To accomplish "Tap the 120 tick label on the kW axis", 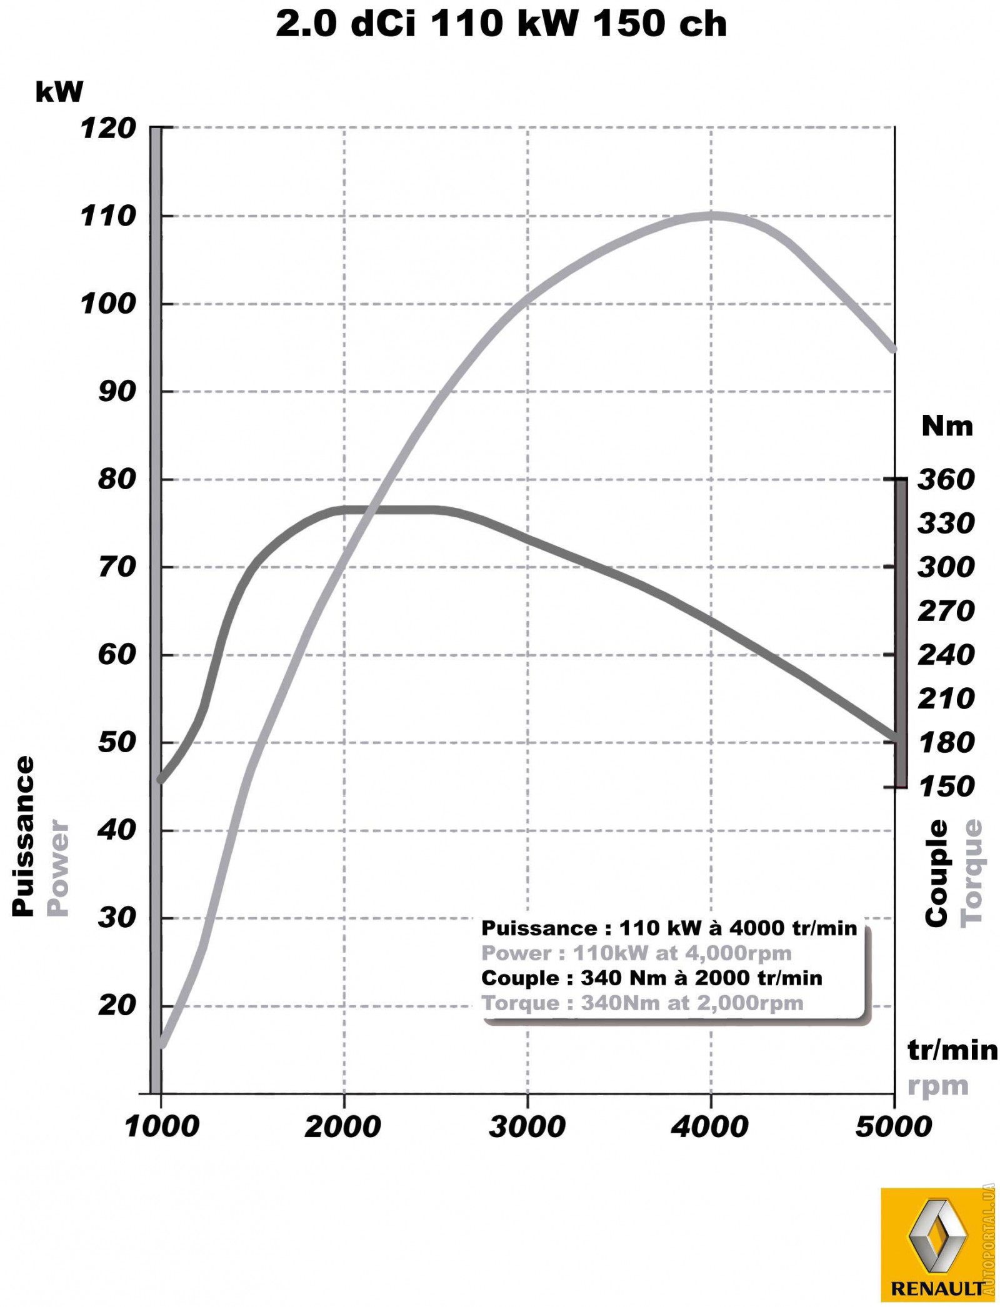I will pyautogui.click(x=108, y=129).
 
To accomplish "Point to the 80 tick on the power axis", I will pyautogui.click(x=117, y=480).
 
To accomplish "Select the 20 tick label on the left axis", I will pyautogui.click(x=117, y=1006).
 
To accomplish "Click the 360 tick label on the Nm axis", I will pyautogui.click(x=946, y=480).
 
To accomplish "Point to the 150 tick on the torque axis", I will pyautogui.click(x=946, y=787).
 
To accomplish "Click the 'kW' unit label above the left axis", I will pyautogui.click(x=59, y=92).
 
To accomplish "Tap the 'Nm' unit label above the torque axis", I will pyautogui.click(x=947, y=427).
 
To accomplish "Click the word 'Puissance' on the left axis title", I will pyautogui.click(x=23, y=837).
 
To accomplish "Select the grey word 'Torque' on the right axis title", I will pyautogui.click(x=971, y=873).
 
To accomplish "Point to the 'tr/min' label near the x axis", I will pyautogui.click(x=952, y=1050).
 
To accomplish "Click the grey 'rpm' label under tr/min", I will pyautogui.click(x=937, y=1086).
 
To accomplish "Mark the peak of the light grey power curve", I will pyautogui.click(x=711, y=216).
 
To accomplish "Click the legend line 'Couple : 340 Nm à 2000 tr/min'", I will pyautogui.click(x=651, y=978).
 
